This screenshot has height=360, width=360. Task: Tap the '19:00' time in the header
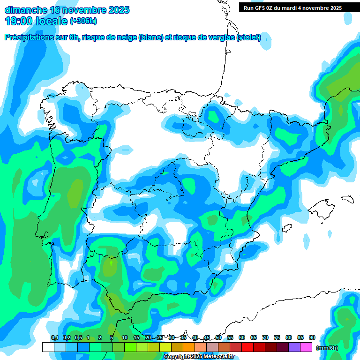pos(18,21)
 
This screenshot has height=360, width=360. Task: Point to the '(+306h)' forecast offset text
pos(83,21)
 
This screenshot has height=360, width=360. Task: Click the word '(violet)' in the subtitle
pos(249,38)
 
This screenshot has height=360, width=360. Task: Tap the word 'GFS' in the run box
pos(262,8)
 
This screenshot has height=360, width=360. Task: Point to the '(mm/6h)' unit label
pos(327,348)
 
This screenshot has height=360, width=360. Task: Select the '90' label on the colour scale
pos(312,337)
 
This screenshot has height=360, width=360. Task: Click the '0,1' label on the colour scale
pos(54,337)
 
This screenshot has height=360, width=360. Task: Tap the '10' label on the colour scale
pos(125,337)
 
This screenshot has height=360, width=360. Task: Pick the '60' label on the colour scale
pos(242,337)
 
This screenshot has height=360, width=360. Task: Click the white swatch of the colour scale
pos(48,347)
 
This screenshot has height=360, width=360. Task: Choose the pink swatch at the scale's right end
pos(307,347)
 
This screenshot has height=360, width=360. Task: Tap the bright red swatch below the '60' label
pos(248,347)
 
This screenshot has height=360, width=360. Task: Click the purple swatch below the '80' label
pos(295,347)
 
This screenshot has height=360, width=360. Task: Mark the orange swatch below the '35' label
pos(189,347)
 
